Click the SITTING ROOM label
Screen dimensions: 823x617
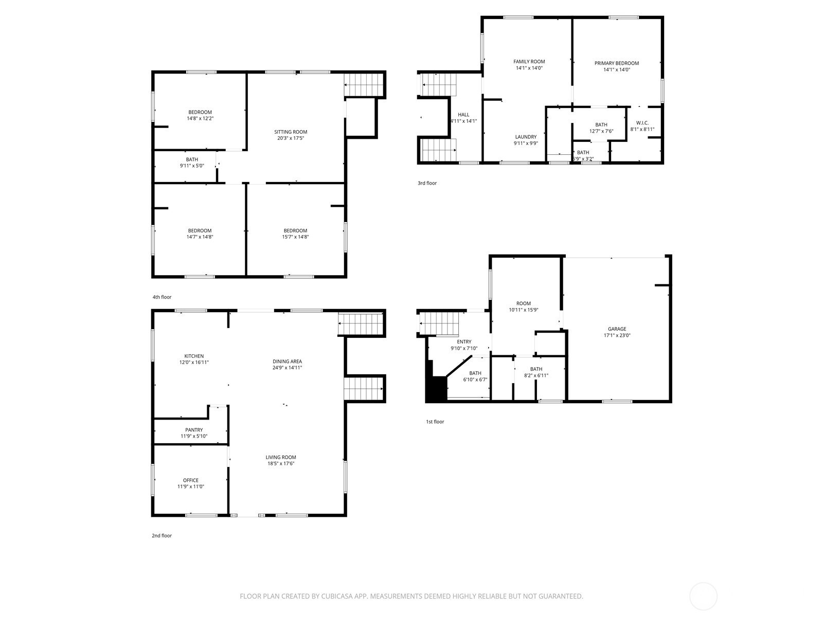(291, 132)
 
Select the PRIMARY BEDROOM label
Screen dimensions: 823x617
(617, 63)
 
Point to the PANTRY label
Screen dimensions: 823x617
(194, 430)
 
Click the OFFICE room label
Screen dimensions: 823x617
(191, 480)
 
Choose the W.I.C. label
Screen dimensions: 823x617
(642, 123)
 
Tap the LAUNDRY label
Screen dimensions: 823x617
(526, 137)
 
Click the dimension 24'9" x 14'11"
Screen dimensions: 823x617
(287, 368)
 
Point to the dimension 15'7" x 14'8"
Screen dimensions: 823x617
(295, 237)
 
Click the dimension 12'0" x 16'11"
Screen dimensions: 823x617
(194, 362)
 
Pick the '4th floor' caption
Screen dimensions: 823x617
(162, 297)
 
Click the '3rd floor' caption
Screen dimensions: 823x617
(427, 183)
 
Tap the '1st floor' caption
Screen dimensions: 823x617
(435, 422)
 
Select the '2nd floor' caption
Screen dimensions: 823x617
(162, 535)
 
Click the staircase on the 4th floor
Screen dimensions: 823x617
(364, 85)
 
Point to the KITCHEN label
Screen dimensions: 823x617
(194, 356)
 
